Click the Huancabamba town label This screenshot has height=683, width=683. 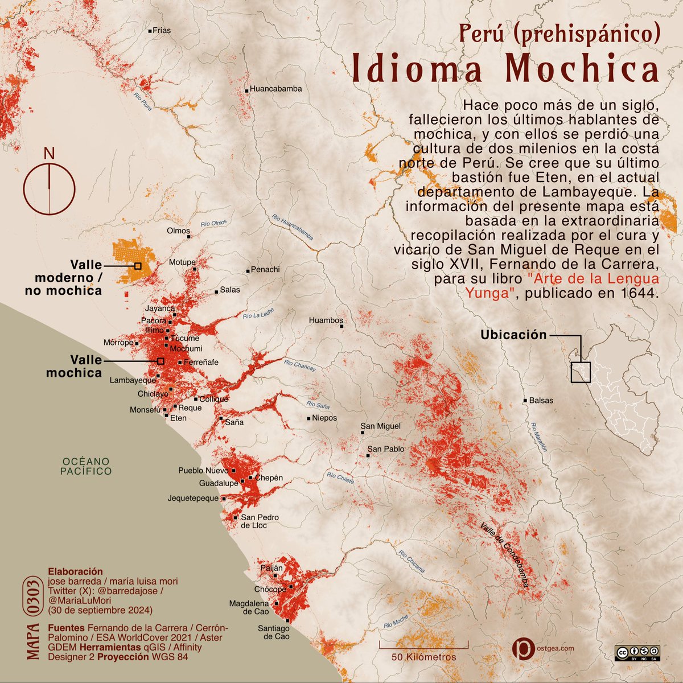275,89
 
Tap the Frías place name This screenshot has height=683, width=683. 162,31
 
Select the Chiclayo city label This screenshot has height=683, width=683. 153,393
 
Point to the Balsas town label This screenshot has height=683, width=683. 541,401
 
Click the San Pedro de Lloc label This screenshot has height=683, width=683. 253,521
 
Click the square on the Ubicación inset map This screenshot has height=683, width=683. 581,372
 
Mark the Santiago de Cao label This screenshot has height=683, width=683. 276,632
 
